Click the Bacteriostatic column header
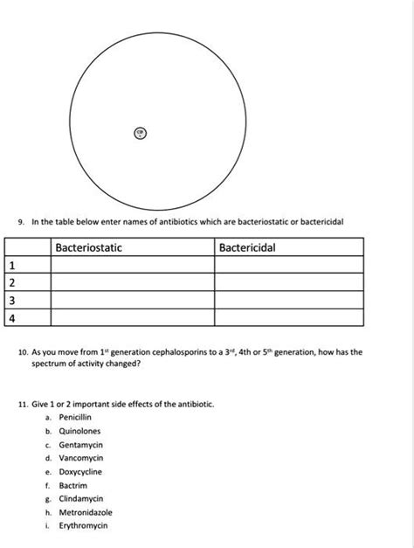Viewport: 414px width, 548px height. click(88, 248)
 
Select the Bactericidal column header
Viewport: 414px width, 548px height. click(247, 248)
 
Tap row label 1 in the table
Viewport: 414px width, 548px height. click(12, 265)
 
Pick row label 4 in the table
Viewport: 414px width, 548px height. click(12, 318)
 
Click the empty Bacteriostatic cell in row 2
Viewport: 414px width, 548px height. click(133, 283)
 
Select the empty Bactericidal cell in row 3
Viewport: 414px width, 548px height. click(288, 301)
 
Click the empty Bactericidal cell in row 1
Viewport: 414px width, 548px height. click(288, 265)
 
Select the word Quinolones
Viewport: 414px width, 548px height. click(79, 431)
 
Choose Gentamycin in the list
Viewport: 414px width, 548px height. click(81, 445)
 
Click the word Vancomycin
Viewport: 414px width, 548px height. click(81, 458)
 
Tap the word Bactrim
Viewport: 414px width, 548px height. click(73, 485)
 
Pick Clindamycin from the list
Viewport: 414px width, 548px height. click(81, 498)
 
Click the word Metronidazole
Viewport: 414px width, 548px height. click(86, 512)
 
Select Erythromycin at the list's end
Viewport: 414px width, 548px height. click(83, 525)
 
